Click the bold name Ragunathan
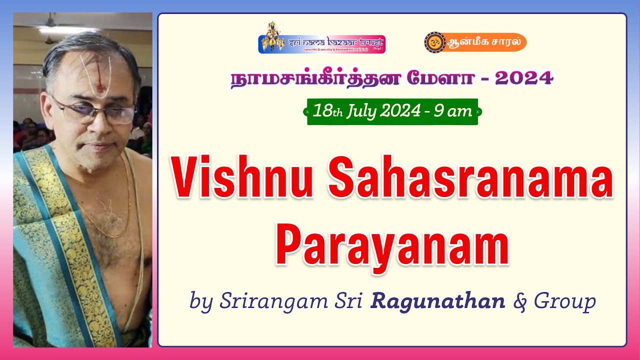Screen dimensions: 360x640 coord(437,301)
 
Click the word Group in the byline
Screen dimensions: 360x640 coord(564,301)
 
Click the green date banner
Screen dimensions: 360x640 coord(392,111)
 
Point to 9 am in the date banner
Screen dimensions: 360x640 coord(452,111)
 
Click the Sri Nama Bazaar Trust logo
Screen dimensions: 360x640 coord(321,40)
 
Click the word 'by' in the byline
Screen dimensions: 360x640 coord(201,301)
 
